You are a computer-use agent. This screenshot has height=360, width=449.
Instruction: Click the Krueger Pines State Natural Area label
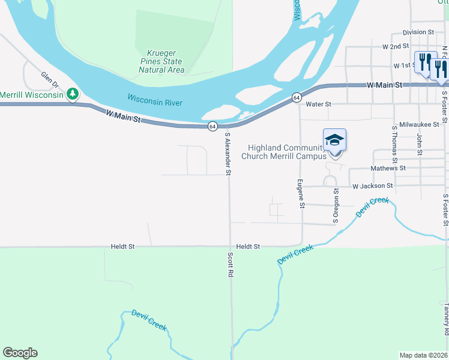click(161, 62)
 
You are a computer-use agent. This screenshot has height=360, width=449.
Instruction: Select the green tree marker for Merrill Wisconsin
click(73, 94)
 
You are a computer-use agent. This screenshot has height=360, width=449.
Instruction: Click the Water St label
click(318, 104)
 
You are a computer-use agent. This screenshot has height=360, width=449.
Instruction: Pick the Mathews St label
click(388, 169)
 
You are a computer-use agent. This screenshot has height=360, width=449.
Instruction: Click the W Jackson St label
click(372, 186)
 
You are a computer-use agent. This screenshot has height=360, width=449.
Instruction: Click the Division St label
click(418, 32)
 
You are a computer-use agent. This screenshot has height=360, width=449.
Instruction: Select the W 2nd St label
click(396, 46)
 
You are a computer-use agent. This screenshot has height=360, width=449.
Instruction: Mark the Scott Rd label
click(229, 264)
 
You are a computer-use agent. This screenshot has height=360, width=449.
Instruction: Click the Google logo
click(20, 353)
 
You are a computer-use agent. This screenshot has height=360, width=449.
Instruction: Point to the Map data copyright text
click(424, 355)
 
